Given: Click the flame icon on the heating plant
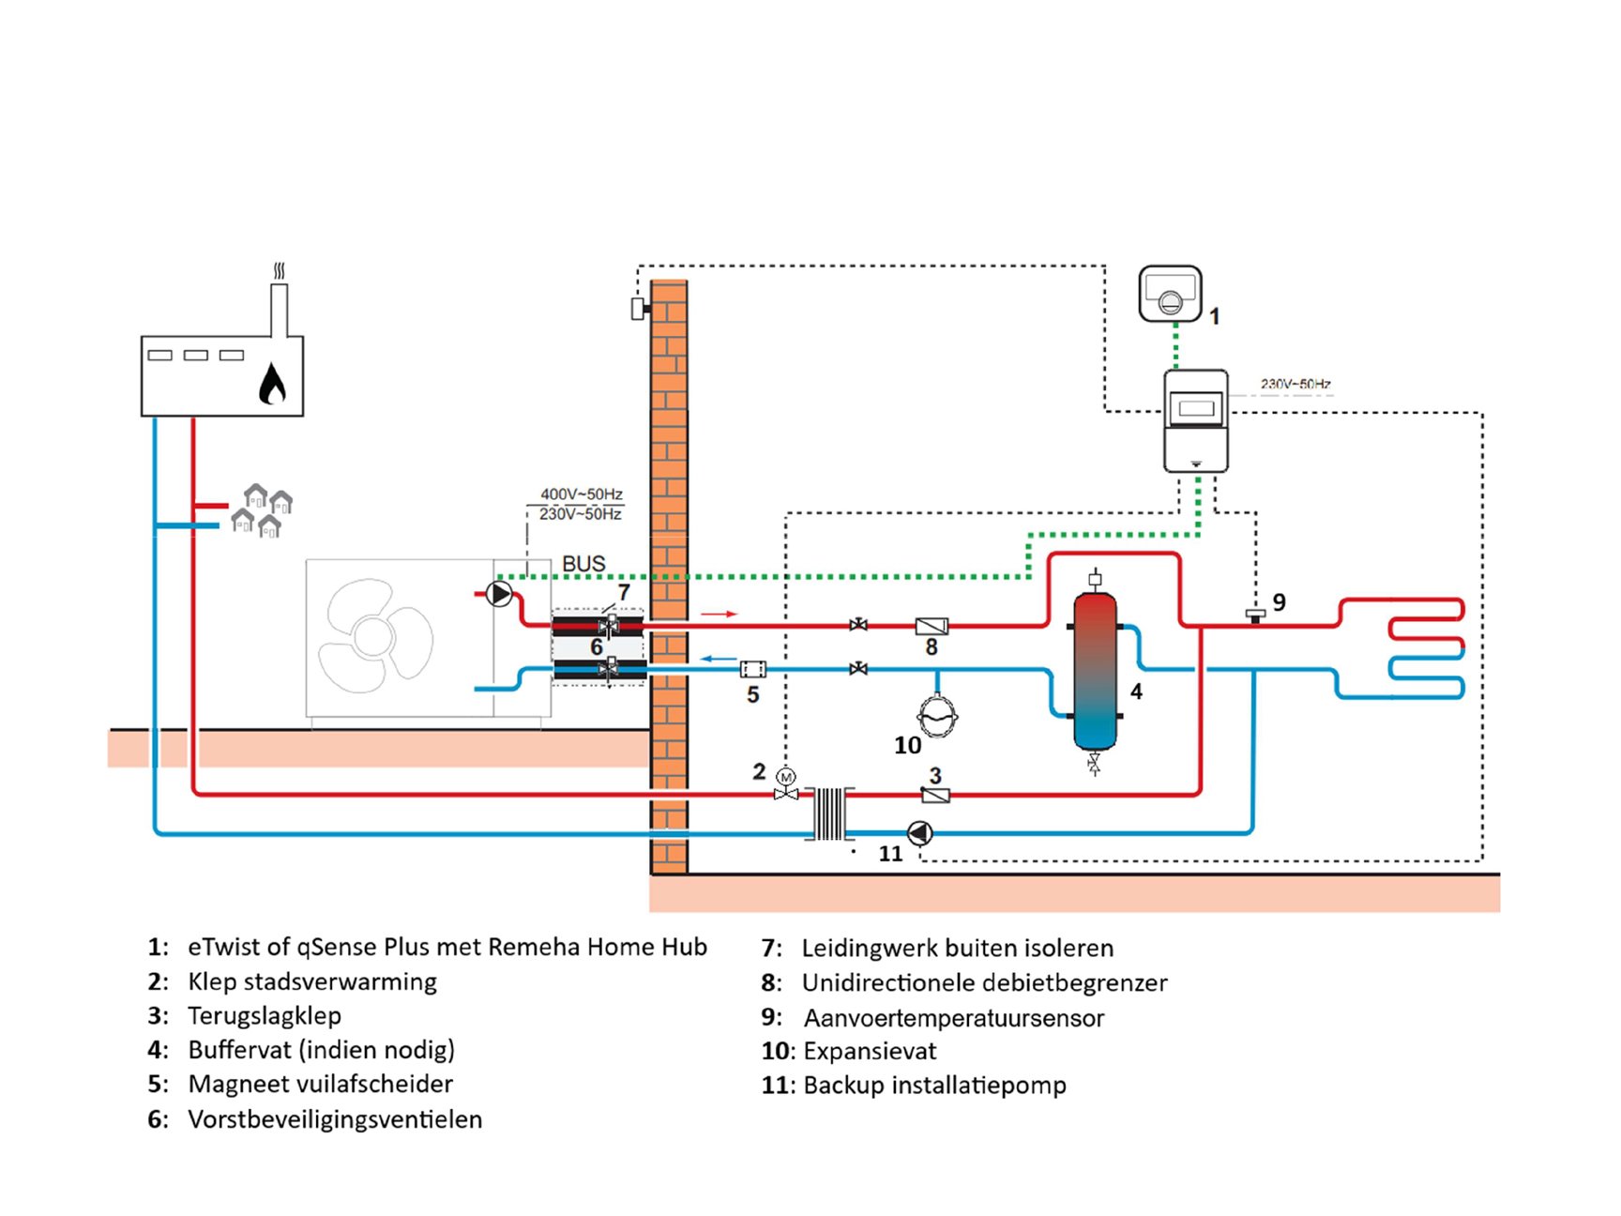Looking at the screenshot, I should click(x=272, y=384).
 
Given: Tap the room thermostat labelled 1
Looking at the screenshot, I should click(x=1170, y=294).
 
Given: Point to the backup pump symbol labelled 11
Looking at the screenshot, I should click(x=919, y=832).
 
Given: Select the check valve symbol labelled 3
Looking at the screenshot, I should click(x=935, y=796).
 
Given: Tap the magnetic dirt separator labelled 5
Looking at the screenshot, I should click(x=752, y=669).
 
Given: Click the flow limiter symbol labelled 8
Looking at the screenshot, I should click(x=932, y=626).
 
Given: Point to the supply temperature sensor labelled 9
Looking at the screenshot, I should click(x=1255, y=615).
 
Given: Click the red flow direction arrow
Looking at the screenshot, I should click(x=720, y=614).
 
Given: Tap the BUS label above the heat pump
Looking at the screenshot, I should click(x=583, y=564).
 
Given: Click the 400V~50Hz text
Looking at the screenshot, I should click(x=582, y=494).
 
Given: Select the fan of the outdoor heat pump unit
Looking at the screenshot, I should click(x=375, y=636).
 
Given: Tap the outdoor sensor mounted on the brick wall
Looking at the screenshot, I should click(x=638, y=308).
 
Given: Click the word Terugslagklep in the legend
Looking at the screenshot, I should click(x=265, y=1015).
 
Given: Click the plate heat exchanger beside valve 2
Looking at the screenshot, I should click(x=829, y=813).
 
